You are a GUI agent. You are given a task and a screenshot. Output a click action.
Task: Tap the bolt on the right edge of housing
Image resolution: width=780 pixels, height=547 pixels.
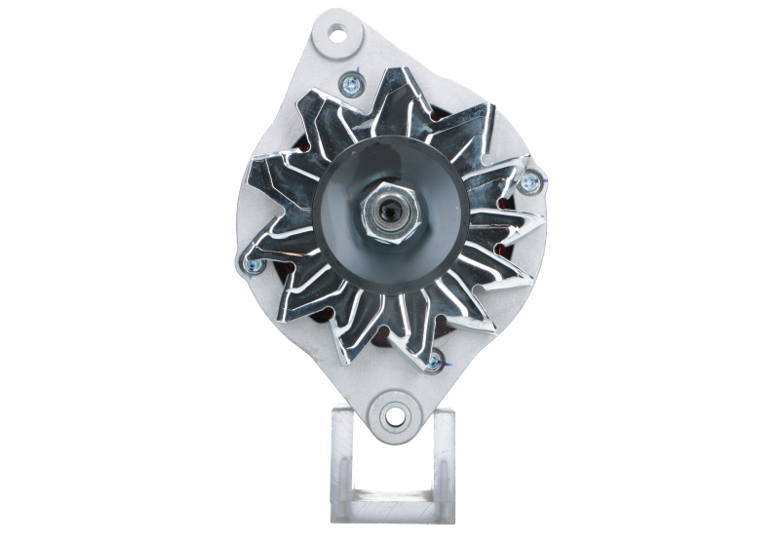click(x=532, y=179)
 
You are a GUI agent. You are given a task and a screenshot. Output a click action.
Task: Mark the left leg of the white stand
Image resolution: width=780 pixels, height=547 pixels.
click(x=342, y=458)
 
